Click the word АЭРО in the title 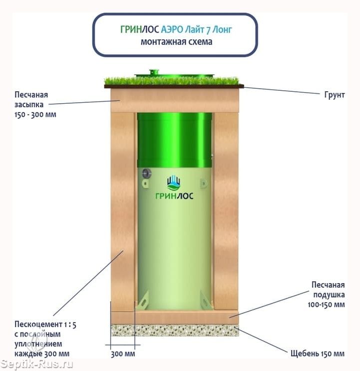click(x=172, y=29)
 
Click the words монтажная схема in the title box click(x=176, y=42)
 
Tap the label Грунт click(x=335, y=95)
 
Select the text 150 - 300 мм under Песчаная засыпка click(x=35, y=115)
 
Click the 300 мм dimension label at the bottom click(x=123, y=354)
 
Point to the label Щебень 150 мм click(x=318, y=354)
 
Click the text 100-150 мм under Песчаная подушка click(x=326, y=305)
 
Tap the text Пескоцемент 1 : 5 click(x=45, y=325)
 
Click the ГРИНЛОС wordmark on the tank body click(x=174, y=195)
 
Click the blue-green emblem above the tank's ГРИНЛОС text click(x=173, y=183)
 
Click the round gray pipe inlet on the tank click(x=147, y=174)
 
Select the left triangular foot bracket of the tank click(x=144, y=300)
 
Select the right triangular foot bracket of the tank click(x=206, y=300)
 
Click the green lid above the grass click(x=174, y=74)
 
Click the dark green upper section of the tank click(x=175, y=140)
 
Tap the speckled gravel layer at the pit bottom click(x=175, y=330)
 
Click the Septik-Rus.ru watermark click(x=37, y=364)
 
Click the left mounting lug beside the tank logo click(x=145, y=184)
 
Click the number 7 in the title click(x=208, y=30)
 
